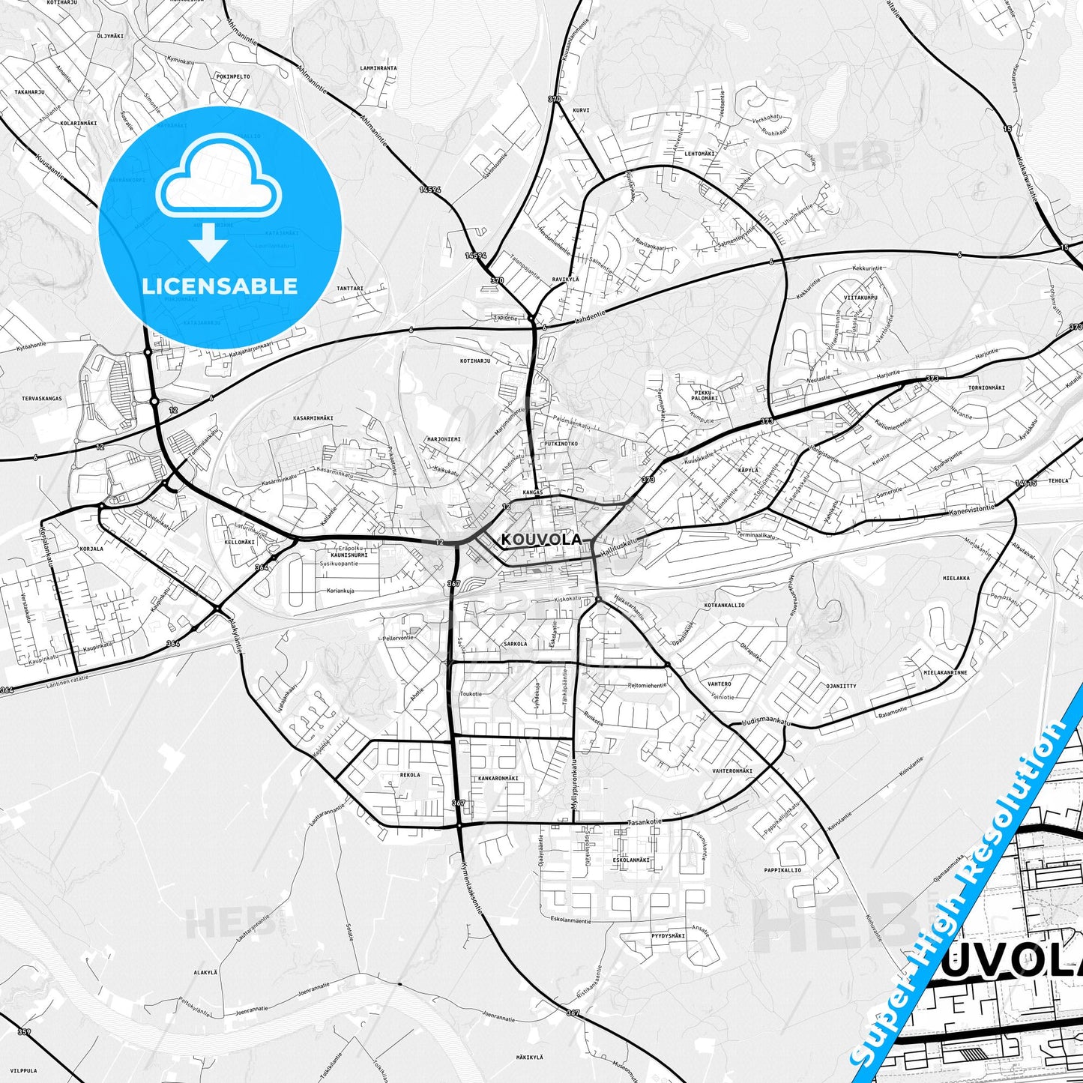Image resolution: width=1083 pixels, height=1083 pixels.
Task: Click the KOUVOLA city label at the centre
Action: tap(541, 539)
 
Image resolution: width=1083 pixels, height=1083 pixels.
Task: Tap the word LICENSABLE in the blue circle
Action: tap(220, 286)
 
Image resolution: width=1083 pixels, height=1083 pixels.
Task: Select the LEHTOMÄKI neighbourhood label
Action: tap(699, 154)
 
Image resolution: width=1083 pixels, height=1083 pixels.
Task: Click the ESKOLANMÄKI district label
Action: tap(630, 860)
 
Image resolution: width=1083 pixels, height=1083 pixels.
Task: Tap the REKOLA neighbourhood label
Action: tap(410, 775)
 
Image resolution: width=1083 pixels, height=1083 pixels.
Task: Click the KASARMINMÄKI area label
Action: tap(313, 417)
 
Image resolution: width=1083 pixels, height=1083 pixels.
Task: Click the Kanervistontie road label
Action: tap(971, 508)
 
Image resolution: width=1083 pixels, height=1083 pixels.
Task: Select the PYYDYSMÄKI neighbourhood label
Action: tap(669, 936)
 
